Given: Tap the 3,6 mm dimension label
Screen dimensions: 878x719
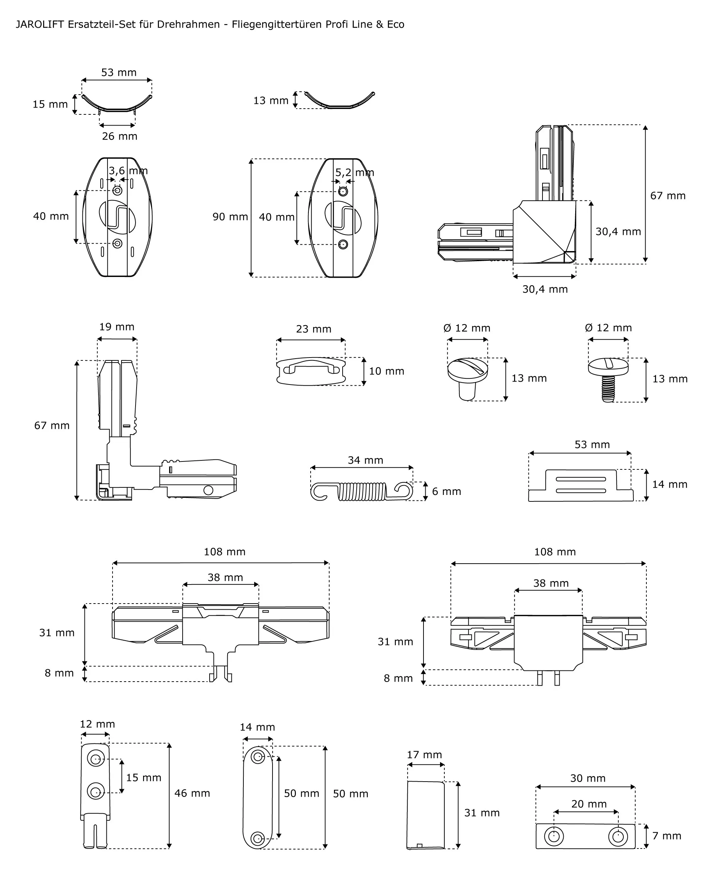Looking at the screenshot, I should pyautogui.click(x=128, y=171).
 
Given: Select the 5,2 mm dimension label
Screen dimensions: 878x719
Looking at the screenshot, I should pyautogui.click(x=354, y=172).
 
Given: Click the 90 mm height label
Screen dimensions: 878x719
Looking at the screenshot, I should pyautogui.click(x=230, y=217).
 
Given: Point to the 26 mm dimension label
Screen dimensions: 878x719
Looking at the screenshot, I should pyautogui.click(x=119, y=136).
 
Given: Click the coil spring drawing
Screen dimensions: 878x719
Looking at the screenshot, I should pyautogui.click(x=362, y=491).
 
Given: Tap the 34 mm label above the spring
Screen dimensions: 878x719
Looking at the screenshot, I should pyautogui.click(x=365, y=460).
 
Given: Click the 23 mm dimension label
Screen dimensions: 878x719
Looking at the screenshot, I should pyautogui.click(x=313, y=329).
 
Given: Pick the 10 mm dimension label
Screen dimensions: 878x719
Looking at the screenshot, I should pyautogui.click(x=386, y=371).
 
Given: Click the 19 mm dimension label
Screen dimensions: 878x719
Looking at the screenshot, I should pyautogui.click(x=116, y=327).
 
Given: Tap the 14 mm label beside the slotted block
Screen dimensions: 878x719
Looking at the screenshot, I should pyautogui.click(x=669, y=485).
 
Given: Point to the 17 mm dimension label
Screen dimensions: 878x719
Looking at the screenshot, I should pyautogui.click(x=424, y=755).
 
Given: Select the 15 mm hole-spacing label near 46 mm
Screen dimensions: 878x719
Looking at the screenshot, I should pyautogui.click(x=143, y=778).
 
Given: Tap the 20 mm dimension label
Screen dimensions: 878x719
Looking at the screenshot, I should pyautogui.click(x=589, y=804).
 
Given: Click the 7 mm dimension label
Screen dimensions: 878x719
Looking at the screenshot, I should pyautogui.click(x=667, y=836).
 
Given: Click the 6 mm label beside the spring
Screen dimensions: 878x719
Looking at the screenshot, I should pyautogui.click(x=446, y=491).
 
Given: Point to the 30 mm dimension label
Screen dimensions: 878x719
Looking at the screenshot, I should pyautogui.click(x=588, y=778).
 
